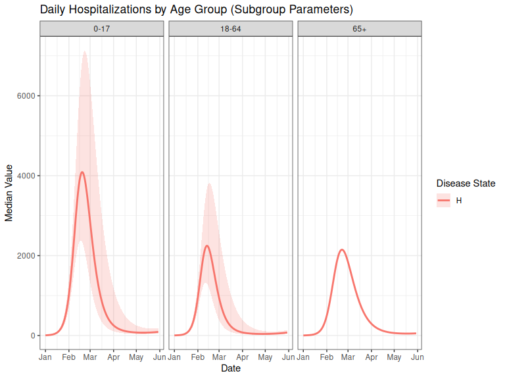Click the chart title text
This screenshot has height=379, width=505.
(x=197, y=10)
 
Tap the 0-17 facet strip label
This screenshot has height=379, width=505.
(x=101, y=29)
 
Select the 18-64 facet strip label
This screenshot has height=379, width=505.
(x=230, y=29)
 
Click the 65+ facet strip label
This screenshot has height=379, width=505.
(x=359, y=29)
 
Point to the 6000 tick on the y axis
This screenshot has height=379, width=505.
(x=26, y=96)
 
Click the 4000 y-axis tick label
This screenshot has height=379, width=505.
(x=26, y=176)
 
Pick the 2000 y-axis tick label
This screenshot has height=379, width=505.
(x=26, y=255)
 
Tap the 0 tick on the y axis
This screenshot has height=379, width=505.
(x=32, y=336)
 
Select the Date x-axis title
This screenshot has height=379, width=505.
(x=230, y=368)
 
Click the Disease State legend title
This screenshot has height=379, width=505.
(x=466, y=183)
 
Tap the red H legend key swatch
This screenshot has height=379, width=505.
(x=444, y=200)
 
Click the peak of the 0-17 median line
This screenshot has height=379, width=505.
(x=82, y=172)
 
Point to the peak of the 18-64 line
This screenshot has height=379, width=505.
(x=206, y=246)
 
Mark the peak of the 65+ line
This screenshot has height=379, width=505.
(x=342, y=250)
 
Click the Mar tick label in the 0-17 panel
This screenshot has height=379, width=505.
(x=90, y=357)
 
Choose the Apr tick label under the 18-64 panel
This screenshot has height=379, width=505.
(x=242, y=357)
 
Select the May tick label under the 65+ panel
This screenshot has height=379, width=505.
(x=394, y=357)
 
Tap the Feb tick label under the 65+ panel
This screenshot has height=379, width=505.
(x=326, y=357)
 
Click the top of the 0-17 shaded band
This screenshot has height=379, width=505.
(x=85, y=51)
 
